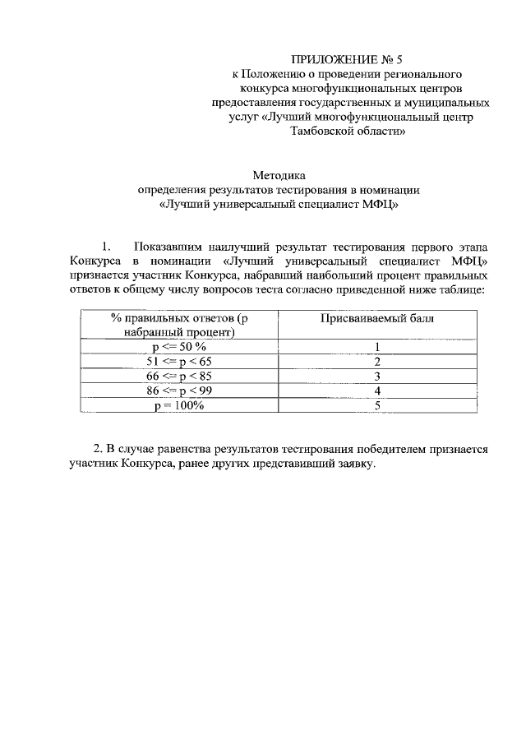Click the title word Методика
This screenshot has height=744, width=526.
tap(278, 174)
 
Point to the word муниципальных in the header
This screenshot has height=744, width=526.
tap(451, 103)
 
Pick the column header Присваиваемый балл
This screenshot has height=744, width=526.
tap(376, 318)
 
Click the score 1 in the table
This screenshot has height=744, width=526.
tap(376, 347)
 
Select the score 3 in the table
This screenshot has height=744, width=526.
tap(376, 377)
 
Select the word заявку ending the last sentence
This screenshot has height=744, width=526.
tap(355, 464)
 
